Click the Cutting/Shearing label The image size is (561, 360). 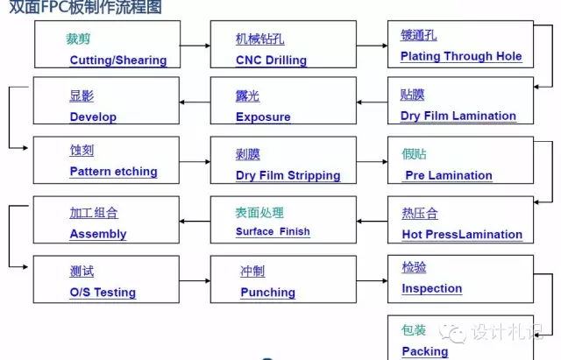[117, 60]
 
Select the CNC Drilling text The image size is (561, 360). [271, 60]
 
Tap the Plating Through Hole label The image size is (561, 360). [460, 56]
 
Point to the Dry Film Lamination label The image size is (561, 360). [458, 116]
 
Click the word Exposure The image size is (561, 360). [263, 116]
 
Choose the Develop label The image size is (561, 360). [93, 116]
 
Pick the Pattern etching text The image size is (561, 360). [113, 172]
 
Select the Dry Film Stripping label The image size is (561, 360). [288, 175]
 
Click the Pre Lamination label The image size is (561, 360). [448, 175]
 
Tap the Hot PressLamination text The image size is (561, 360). [461, 234]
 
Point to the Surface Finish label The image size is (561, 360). [273, 232]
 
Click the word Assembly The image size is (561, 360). [98, 234]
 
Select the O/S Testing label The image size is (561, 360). [103, 293]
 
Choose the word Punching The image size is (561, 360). [267, 293]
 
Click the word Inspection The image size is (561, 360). [431, 288]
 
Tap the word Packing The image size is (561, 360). [424, 351]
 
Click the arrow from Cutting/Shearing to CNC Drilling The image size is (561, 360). [195, 45]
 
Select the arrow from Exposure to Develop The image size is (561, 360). [195, 102]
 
